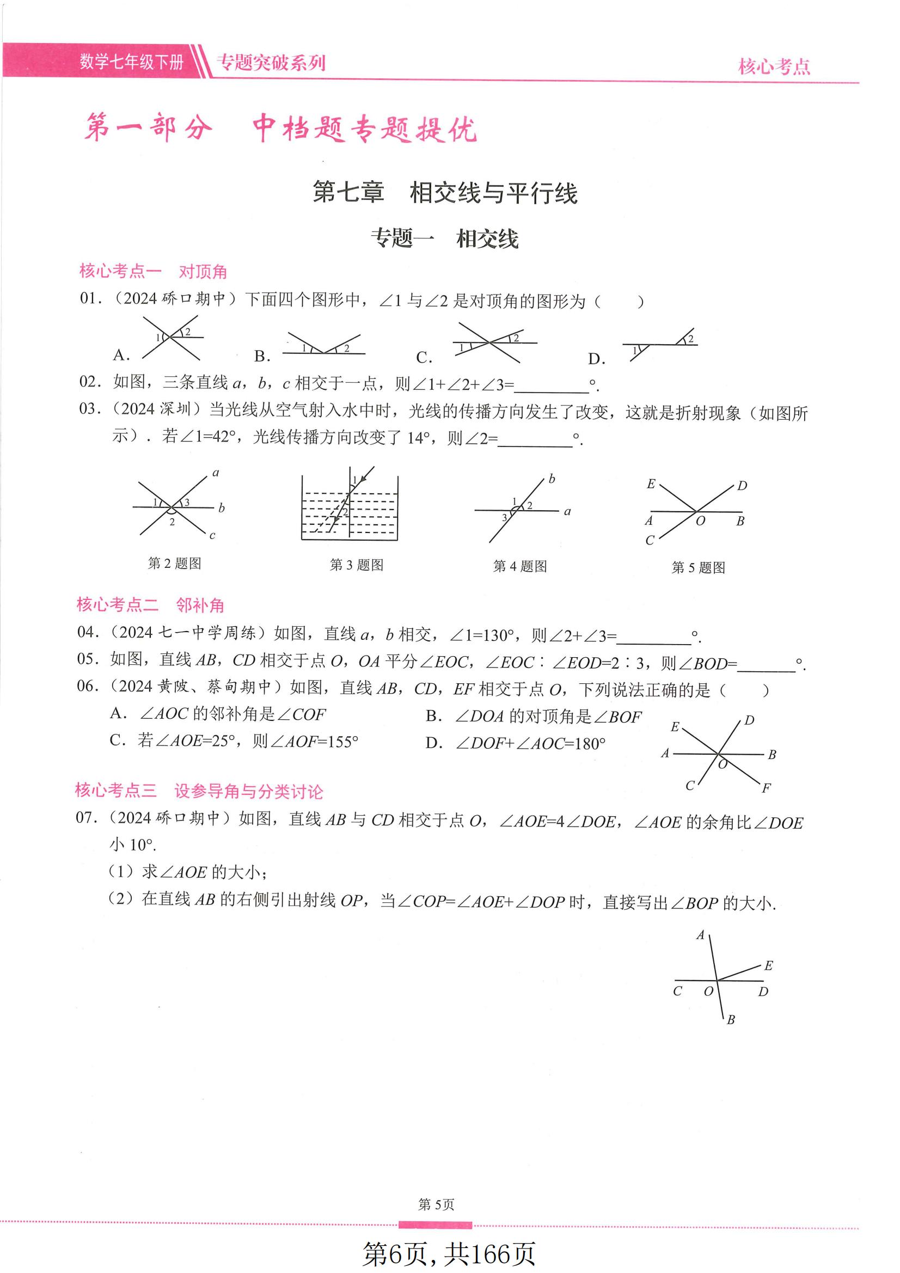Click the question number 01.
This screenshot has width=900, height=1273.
click(x=90, y=299)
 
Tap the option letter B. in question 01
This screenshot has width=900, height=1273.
click(x=262, y=356)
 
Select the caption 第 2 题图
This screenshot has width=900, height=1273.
click(x=174, y=564)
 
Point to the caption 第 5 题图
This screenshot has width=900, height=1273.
click(x=698, y=567)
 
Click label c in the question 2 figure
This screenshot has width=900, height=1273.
click(x=212, y=536)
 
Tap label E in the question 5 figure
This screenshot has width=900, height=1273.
click(x=651, y=484)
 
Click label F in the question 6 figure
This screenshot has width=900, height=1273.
click(x=767, y=788)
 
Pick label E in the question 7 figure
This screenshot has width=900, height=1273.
click(x=768, y=966)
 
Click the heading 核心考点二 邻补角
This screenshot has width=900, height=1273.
click(x=150, y=604)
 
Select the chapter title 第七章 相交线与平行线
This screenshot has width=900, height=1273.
click(x=445, y=193)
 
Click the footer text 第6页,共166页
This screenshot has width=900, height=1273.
click(x=449, y=1253)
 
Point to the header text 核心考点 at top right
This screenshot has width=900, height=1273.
click(x=774, y=66)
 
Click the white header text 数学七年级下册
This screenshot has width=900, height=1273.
click(x=131, y=62)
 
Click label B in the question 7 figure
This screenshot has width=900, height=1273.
click(x=730, y=1020)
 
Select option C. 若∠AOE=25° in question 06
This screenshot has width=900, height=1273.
click(x=234, y=741)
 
